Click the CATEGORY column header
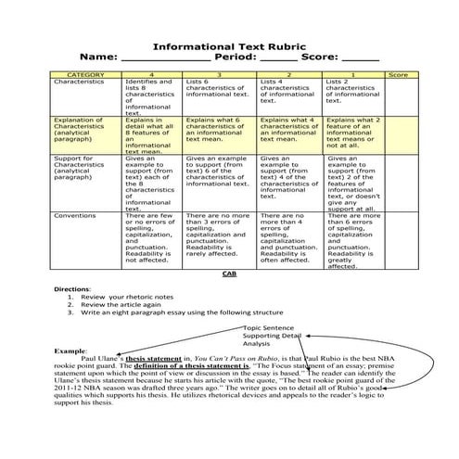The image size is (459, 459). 85,73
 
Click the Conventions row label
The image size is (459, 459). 76,215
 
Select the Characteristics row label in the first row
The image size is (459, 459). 82,82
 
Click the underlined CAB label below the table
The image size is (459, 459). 229,275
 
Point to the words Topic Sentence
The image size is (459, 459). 268,327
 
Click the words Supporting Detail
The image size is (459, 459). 274,336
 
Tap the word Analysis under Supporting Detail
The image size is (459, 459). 258,344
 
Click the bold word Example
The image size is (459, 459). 70,351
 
